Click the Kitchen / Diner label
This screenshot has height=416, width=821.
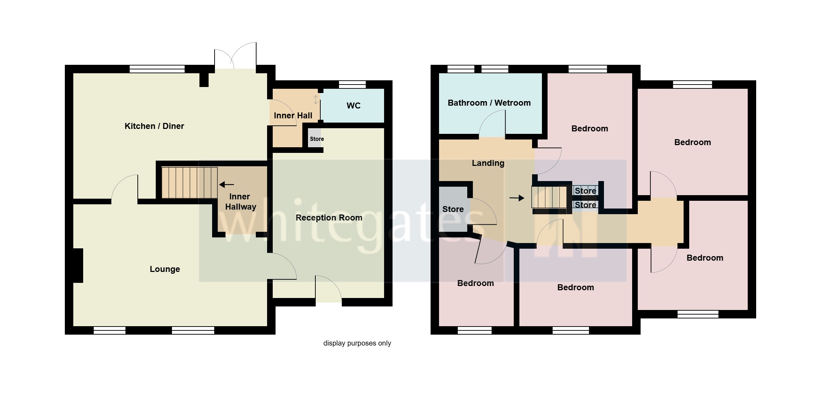pos(154,126)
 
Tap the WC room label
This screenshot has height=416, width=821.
pos(353,106)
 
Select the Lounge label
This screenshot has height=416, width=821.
pos(165,269)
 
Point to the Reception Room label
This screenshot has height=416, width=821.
pos(329,218)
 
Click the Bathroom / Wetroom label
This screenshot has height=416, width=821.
pos(489,103)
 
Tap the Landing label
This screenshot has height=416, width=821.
pos(488,163)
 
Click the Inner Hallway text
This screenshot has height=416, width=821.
pos(240,201)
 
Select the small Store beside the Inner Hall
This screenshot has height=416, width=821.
pos(316,139)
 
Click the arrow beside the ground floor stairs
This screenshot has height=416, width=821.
pos(227,184)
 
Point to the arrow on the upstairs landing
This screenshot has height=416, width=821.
pos(517,198)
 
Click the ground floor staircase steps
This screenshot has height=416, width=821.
pos(189,183)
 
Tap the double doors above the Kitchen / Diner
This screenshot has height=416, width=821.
pos(235,56)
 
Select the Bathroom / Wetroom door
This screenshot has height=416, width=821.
pos(493,124)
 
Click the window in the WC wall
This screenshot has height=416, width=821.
pos(352,85)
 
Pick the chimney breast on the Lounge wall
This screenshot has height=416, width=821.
pos(78,265)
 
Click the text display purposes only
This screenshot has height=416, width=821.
pos(357,343)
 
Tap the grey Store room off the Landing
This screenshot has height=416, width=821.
pos(453,209)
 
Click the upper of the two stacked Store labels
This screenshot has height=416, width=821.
pos(585,191)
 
